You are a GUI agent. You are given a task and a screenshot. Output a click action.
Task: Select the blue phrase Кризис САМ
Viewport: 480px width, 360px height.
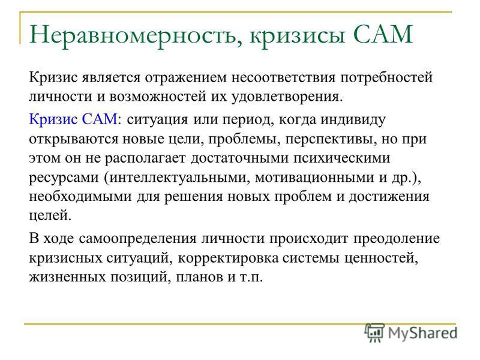(x=73, y=119)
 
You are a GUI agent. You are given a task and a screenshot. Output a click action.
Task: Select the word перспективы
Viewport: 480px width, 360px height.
(x=331, y=139)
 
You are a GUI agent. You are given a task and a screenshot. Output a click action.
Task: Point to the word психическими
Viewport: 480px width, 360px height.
(x=342, y=158)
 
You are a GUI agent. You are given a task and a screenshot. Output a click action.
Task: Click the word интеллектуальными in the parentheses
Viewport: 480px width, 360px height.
(x=178, y=178)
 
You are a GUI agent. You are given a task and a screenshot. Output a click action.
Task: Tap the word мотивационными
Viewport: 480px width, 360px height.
(x=314, y=178)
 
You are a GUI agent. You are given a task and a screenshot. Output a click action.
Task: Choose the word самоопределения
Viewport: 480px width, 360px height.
(x=137, y=239)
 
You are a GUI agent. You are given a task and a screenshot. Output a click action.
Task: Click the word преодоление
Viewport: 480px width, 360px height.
(x=397, y=239)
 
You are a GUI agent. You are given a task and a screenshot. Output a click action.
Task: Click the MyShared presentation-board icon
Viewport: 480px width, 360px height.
(x=374, y=332)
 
